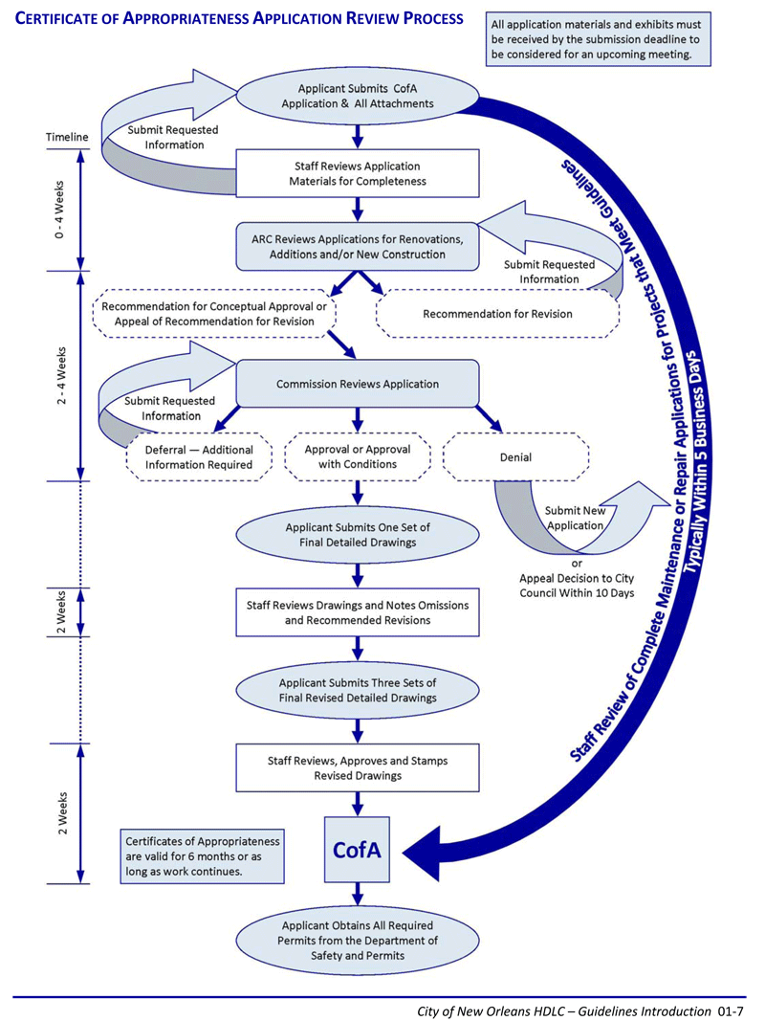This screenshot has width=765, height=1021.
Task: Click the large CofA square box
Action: (357, 850)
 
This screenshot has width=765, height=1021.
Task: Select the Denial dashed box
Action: (515, 457)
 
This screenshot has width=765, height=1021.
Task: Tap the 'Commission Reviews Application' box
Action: (357, 384)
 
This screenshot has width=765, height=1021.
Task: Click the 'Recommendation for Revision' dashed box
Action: (497, 314)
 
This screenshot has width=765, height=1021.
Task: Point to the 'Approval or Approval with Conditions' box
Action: (357, 457)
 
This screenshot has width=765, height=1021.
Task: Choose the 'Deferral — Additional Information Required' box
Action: (198, 457)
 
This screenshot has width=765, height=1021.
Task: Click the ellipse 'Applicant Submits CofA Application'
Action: (357, 96)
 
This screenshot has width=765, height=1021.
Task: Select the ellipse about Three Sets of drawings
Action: (357, 690)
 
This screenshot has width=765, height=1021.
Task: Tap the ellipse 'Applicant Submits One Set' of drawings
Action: (357, 535)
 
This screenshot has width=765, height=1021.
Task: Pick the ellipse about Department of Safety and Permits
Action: (357, 941)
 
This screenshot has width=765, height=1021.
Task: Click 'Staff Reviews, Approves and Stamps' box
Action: (357, 768)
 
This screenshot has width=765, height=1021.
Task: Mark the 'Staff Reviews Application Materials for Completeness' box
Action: (357, 174)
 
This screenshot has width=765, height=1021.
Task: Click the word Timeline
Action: (67, 137)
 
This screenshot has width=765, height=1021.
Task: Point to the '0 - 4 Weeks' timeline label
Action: (60, 209)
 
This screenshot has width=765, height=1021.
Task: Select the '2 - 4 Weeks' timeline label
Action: (61, 376)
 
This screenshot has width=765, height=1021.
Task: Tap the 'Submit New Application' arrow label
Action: (575, 519)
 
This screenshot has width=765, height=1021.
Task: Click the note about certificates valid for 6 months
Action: (203, 856)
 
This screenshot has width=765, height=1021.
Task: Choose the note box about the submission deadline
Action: (598, 39)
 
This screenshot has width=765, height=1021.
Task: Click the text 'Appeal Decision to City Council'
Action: (577, 586)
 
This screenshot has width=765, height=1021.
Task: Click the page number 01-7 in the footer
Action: (731, 1011)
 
